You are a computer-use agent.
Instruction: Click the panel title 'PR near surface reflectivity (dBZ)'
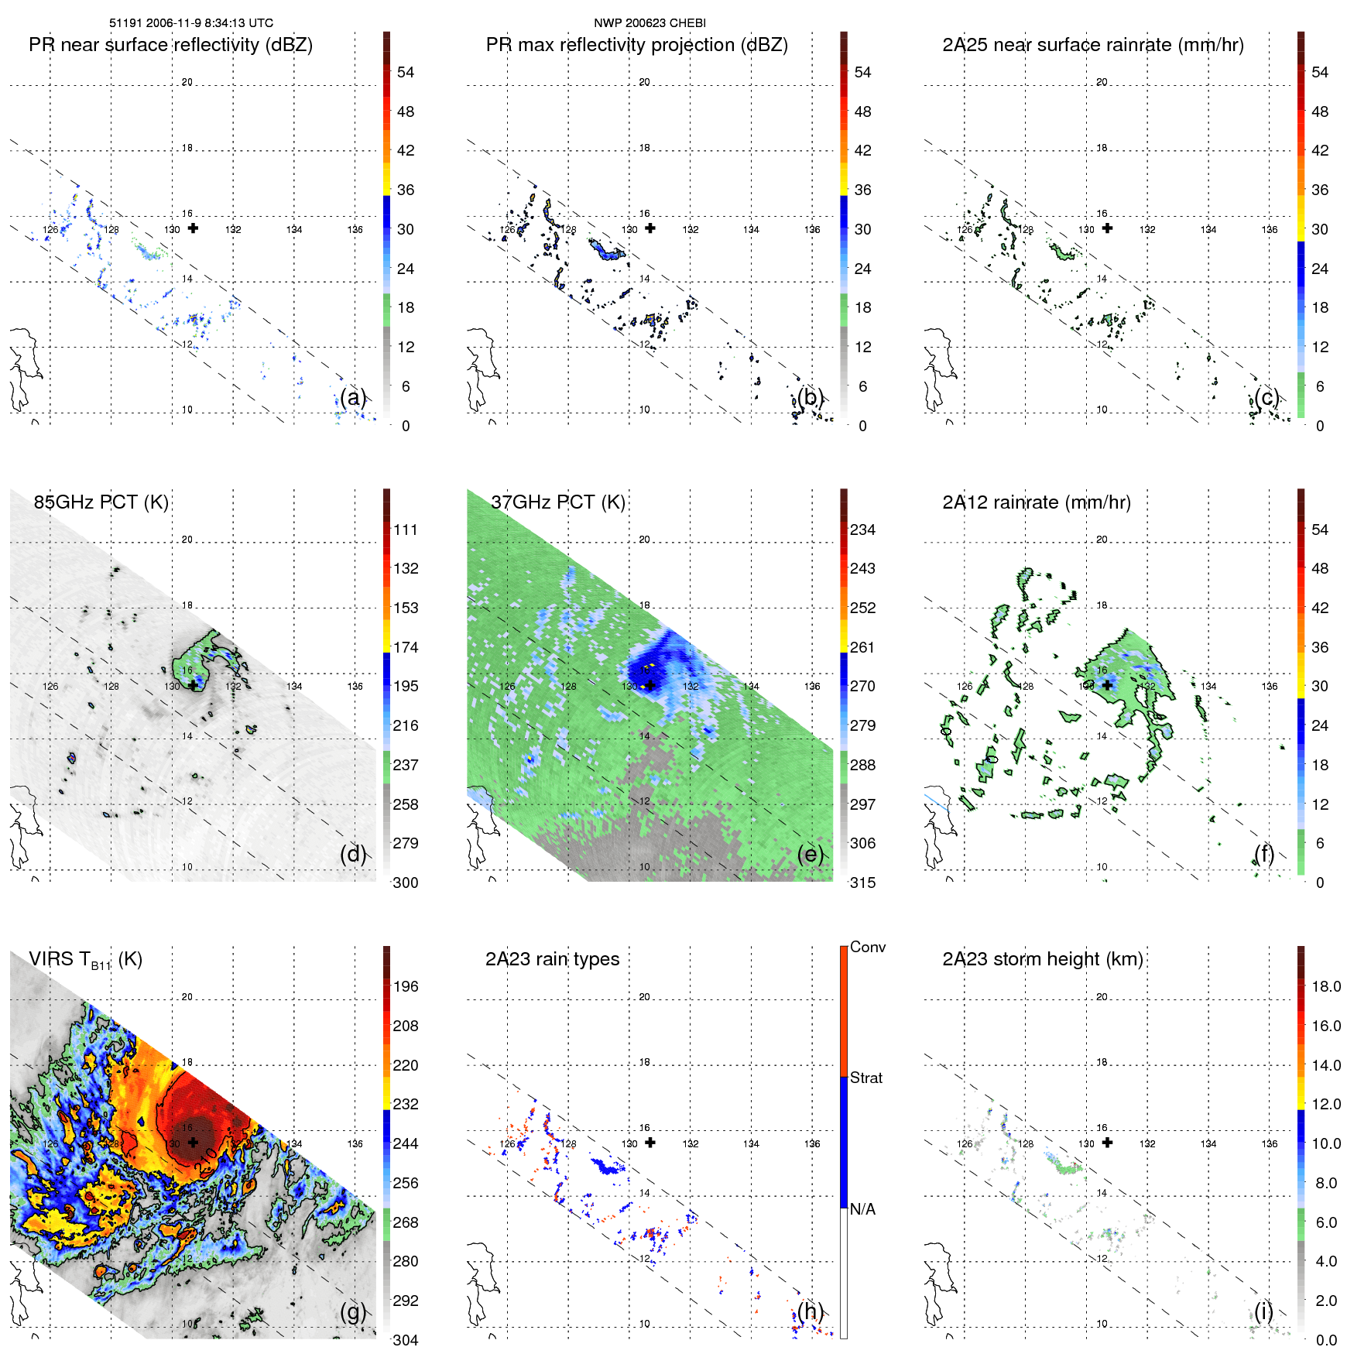pyautogui.click(x=170, y=45)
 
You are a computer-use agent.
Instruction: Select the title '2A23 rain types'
pyautogui.click(x=552, y=959)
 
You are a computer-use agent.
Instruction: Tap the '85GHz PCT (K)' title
pyautogui.click(x=101, y=502)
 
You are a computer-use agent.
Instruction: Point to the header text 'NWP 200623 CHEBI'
pyautogui.click(x=650, y=23)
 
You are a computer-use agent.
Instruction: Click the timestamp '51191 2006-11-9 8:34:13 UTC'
pyautogui.click(x=190, y=23)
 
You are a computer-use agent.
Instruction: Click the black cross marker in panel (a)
pyautogui.click(x=193, y=228)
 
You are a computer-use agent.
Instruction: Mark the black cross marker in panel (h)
pyautogui.click(x=650, y=1143)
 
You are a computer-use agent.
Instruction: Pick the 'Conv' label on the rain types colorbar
pyautogui.click(x=867, y=948)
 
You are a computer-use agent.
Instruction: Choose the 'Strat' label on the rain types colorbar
pyautogui.click(x=866, y=1078)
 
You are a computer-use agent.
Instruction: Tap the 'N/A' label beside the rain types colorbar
pyautogui.click(x=862, y=1209)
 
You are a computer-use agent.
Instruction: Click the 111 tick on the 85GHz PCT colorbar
pyautogui.click(x=405, y=530)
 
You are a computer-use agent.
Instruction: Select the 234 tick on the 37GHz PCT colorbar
pyautogui.click(x=862, y=530)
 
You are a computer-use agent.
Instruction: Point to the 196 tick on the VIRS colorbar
pyautogui.click(x=405, y=987)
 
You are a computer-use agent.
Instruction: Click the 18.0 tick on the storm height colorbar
pyautogui.click(x=1325, y=987)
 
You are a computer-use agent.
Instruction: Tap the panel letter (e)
pyautogui.click(x=810, y=855)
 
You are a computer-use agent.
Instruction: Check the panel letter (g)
pyautogui.click(x=353, y=1312)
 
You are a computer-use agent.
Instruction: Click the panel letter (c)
pyautogui.click(x=1266, y=398)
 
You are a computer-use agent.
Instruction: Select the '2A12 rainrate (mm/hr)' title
pyautogui.click(x=1036, y=502)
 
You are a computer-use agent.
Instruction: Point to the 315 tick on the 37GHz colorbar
pyautogui.click(x=862, y=883)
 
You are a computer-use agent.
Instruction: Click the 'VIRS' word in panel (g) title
pyautogui.click(x=52, y=959)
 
